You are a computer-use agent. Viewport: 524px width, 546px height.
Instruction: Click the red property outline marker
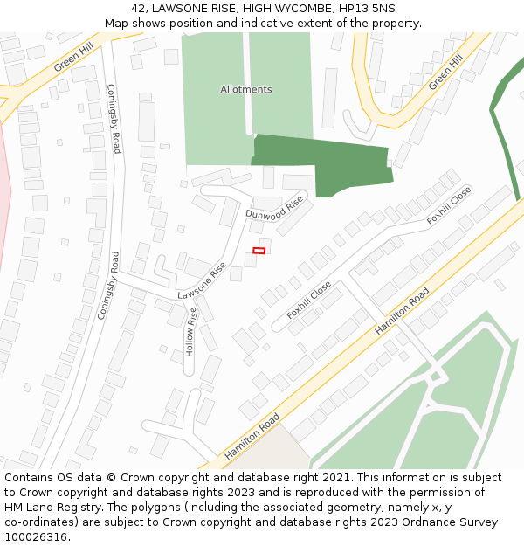coord(259,251)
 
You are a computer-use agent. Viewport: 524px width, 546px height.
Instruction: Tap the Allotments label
coord(245,89)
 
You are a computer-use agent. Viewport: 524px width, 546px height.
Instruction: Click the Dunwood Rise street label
coord(274,208)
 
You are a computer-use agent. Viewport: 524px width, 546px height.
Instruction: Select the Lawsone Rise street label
coord(202,282)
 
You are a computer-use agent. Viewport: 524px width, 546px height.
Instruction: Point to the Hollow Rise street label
coord(190,331)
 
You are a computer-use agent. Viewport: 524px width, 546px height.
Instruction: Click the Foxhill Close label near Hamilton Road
coord(309,300)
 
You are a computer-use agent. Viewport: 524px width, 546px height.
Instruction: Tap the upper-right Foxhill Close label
coord(449,206)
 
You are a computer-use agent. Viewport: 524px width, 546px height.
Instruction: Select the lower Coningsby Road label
coord(108,285)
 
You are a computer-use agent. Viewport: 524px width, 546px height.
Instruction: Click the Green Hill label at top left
coord(73,59)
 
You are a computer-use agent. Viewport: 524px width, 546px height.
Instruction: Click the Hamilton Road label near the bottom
coord(252,437)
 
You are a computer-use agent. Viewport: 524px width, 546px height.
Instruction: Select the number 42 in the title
coord(139,8)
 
